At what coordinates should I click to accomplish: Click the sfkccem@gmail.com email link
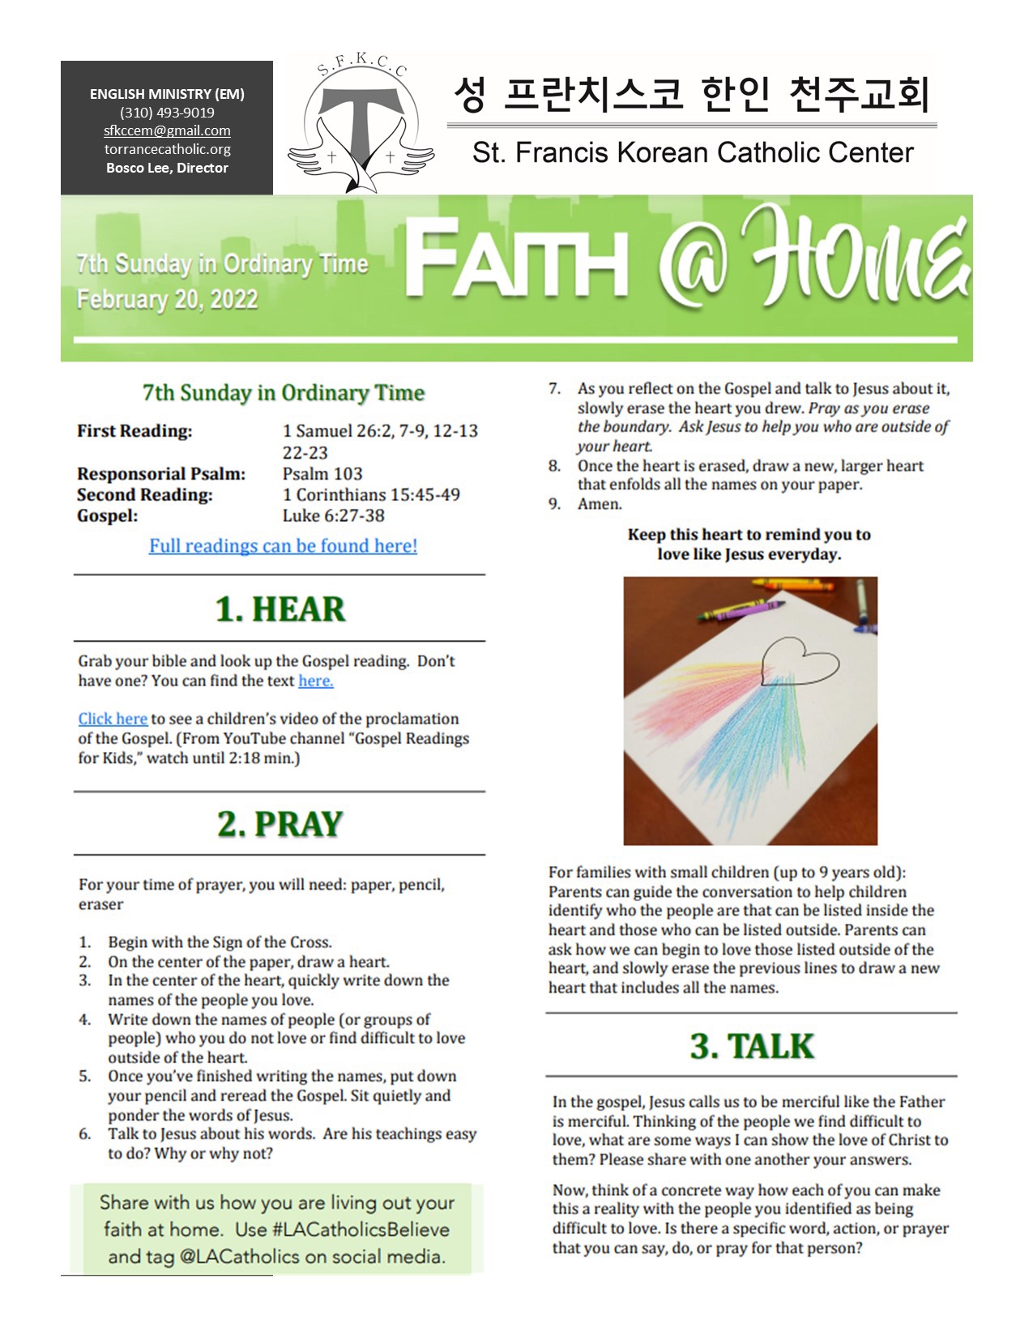pos(167,130)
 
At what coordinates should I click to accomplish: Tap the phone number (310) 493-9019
pos(167,113)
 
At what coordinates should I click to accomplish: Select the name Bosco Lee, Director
pos(167,168)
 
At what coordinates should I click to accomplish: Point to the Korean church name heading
pos(691,95)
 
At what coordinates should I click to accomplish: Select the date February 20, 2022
pos(167,299)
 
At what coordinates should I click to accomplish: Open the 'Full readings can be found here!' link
pos(283,545)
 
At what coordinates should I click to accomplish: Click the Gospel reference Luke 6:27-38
pos(333,515)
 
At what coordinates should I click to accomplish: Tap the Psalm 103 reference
pos(322,473)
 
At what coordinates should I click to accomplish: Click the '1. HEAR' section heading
pos(280,609)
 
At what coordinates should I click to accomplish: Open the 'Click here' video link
pos(113,719)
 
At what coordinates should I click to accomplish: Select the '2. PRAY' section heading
pos(280,824)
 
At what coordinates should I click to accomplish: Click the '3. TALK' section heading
pos(751,1046)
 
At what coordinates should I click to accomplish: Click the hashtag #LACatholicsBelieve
pos(361,1229)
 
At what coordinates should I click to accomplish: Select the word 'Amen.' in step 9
pos(600,504)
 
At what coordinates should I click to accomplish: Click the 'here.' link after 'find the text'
pos(315,681)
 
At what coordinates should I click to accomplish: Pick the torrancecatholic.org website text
pos(167,149)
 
